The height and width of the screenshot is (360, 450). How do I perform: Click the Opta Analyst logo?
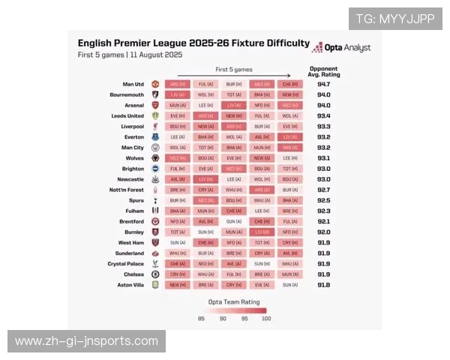pos(340,47)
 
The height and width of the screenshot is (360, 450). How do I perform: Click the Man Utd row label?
pos(133,85)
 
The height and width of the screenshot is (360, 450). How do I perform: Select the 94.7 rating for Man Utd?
pos(323,85)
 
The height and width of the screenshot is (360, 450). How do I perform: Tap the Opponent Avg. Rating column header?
pos(323,71)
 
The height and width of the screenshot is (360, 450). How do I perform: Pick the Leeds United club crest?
pos(155,116)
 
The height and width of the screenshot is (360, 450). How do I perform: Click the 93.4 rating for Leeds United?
pos(323,116)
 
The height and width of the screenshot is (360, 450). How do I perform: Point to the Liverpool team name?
pos(133,127)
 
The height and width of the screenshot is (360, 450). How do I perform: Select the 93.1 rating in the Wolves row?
pos(323,158)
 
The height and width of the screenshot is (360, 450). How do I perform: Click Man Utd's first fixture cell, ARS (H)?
pos(178,85)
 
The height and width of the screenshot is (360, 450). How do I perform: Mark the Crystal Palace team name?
pos(125,264)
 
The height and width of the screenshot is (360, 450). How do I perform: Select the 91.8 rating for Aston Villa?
pos(323,285)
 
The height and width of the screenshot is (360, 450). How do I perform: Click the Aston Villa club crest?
pos(155,285)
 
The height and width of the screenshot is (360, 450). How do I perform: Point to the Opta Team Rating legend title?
pos(233,301)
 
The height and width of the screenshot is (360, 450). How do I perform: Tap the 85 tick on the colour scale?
pos(201,319)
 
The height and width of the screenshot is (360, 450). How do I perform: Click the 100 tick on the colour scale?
pos(265,319)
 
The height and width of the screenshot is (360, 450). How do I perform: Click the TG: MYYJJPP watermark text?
pos(394,19)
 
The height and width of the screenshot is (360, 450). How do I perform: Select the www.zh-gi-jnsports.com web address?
pos(86,342)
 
